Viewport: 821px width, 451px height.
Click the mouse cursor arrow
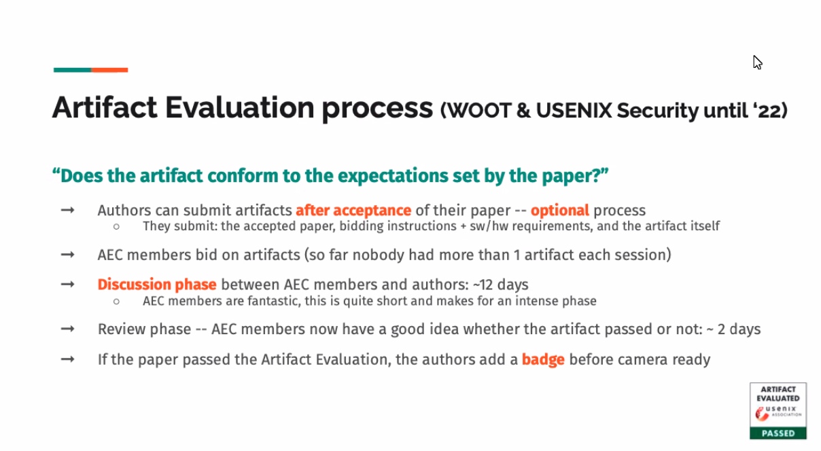(757, 62)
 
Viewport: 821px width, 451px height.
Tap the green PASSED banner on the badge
(778, 433)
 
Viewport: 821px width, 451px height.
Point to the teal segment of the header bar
(72, 70)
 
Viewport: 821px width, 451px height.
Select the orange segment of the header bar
(109, 70)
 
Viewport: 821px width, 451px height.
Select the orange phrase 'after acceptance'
(353, 211)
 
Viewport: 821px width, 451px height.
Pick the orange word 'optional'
(559, 211)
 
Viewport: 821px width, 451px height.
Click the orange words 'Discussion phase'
(157, 285)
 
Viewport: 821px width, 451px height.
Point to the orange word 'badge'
(543, 359)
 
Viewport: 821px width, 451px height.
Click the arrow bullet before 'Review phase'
(68, 329)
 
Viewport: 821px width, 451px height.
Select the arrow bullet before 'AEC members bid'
(68, 255)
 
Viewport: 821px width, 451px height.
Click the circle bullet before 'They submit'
(116, 227)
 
